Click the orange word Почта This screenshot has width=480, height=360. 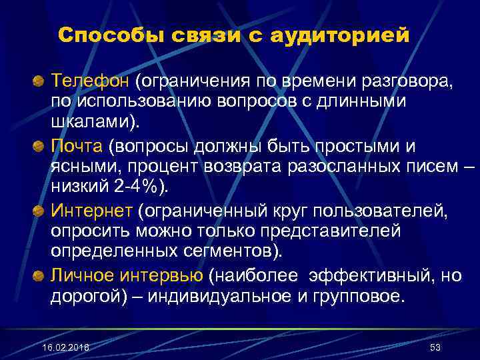[x=81, y=146]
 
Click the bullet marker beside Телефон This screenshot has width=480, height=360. [x=39, y=82]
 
